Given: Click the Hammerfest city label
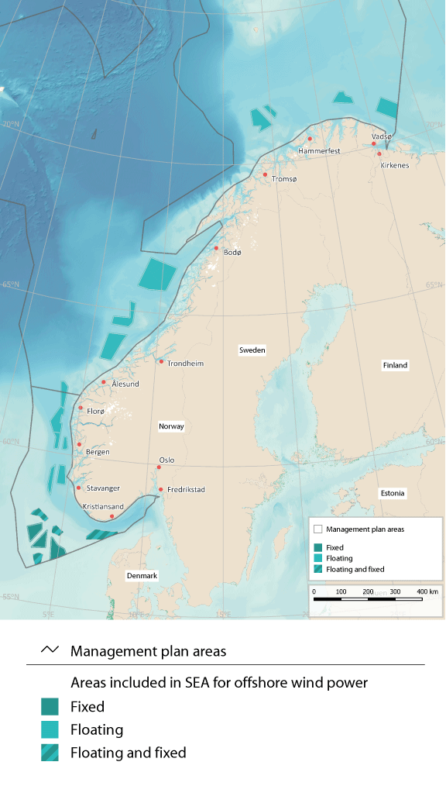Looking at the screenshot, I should pyautogui.click(x=320, y=150).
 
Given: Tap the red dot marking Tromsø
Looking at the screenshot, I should pyautogui.click(x=265, y=174).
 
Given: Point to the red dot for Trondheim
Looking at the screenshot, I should pyautogui.click(x=161, y=361).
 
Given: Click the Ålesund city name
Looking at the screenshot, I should pyautogui.click(x=125, y=384).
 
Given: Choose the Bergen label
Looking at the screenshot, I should pyautogui.click(x=98, y=452).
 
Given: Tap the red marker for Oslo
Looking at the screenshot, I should pyautogui.click(x=159, y=467).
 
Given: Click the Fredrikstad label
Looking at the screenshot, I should pyautogui.click(x=186, y=490).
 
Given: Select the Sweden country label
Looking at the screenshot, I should pyautogui.click(x=252, y=350).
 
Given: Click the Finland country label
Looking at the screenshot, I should pyautogui.click(x=395, y=365).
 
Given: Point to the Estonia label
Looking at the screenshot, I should pyautogui.click(x=393, y=493).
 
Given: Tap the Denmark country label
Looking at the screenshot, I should pyautogui.click(x=142, y=576).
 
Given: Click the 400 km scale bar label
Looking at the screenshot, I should pyautogui.click(x=427, y=592).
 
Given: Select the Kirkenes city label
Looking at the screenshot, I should pyautogui.click(x=394, y=165).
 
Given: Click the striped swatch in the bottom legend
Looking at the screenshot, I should pyautogui.click(x=50, y=752).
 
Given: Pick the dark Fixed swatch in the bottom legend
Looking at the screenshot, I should pyautogui.click(x=50, y=706).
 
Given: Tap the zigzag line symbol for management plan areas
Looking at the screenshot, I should pyautogui.click(x=50, y=650).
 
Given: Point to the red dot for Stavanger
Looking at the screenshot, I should pyautogui.click(x=78, y=488).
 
